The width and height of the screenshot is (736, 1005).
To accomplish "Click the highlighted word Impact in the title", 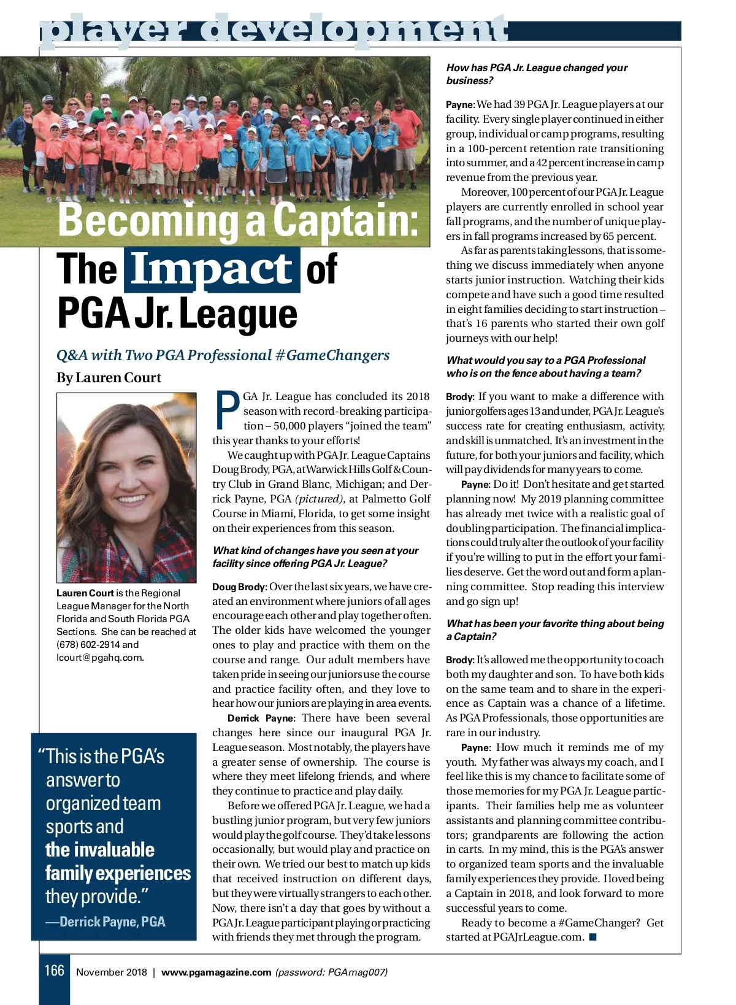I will [212, 270].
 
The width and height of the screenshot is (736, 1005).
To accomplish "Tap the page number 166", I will [54, 970].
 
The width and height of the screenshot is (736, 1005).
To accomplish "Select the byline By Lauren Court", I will [109, 378].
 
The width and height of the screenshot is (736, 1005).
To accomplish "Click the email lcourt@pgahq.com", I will [99, 658].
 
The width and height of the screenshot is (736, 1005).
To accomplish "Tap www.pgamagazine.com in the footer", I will [216, 972].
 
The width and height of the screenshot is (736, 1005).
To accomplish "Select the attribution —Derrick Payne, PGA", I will [112, 922].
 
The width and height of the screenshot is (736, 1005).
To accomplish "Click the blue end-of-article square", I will [592, 937].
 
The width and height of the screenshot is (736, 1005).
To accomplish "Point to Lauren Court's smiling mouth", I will [132, 499].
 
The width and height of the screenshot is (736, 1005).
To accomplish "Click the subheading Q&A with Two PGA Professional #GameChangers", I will [223, 355].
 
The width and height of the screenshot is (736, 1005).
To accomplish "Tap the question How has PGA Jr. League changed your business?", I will [536, 74].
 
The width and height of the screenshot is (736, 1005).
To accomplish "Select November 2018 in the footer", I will [112, 972].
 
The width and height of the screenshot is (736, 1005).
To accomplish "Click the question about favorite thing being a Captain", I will [554, 630].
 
